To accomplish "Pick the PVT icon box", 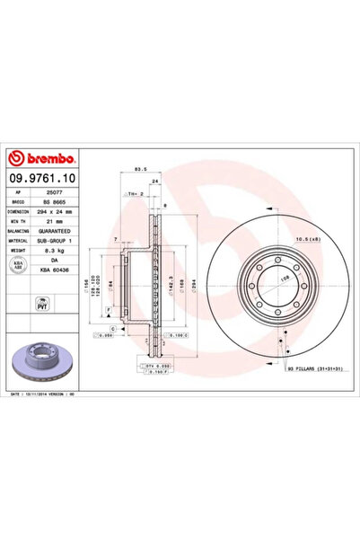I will [x=20, y=306].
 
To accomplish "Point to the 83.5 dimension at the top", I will [x=139, y=169].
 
